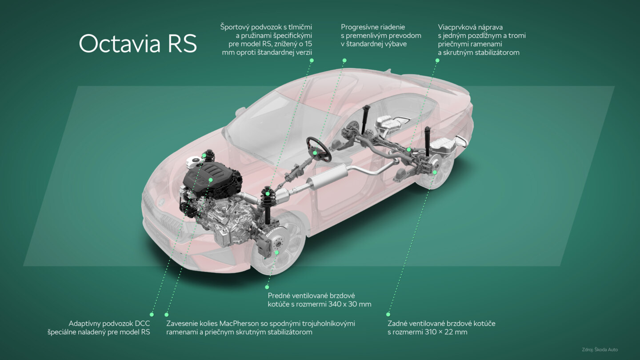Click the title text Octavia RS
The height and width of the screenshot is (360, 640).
(x=138, y=44)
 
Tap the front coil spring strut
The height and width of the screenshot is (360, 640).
(x=268, y=202)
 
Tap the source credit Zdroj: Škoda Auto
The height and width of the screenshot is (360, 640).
(x=600, y=349)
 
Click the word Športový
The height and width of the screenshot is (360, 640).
(x=239, y=27)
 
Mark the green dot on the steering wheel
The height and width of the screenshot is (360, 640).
(x=315, y=153)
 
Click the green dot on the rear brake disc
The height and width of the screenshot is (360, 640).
(x=435, y=172)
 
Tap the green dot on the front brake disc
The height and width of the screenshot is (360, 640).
(x=276, y=252)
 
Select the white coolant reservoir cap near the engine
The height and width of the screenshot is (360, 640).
(x=195, y=161)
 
